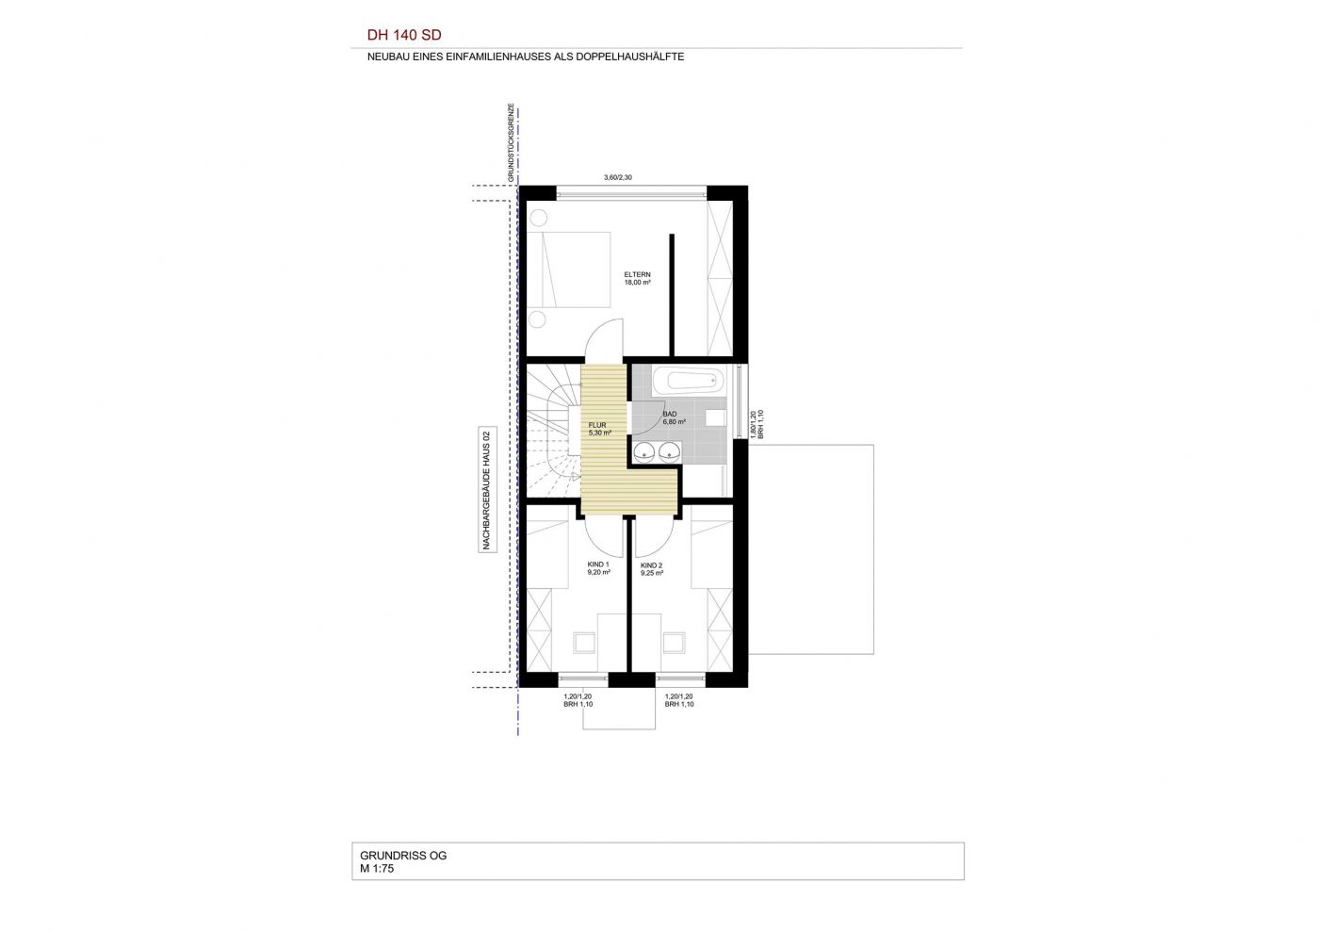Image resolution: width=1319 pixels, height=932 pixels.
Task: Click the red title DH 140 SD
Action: point(404,36)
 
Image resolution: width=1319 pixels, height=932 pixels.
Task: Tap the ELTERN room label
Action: point(637,274)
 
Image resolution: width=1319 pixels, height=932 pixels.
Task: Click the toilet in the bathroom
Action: point(716,417)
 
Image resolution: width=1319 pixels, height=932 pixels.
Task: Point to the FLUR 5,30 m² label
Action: point(599,429)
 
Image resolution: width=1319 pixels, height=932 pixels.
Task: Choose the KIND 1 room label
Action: point(598,568)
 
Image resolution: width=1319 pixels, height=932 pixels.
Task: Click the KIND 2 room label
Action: point(652,569)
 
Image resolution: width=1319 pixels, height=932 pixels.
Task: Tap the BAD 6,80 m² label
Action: point(674,417)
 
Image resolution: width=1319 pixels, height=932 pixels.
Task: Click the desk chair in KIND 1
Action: point(585,642)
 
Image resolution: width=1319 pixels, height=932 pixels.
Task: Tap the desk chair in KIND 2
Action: point(674,642)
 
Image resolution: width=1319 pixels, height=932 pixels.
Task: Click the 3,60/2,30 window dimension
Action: point(618,177)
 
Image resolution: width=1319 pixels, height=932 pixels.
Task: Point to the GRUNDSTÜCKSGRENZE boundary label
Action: point(511,142)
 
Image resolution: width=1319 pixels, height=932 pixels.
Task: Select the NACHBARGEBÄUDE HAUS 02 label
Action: point(486,490)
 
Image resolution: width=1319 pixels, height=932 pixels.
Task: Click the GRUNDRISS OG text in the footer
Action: point(403,856)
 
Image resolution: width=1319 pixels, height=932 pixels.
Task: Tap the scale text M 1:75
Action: point(377,868)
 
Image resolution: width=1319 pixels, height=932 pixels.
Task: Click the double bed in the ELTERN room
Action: point(568,270)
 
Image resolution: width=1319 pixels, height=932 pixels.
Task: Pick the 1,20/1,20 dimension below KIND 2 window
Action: point(678,696)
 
